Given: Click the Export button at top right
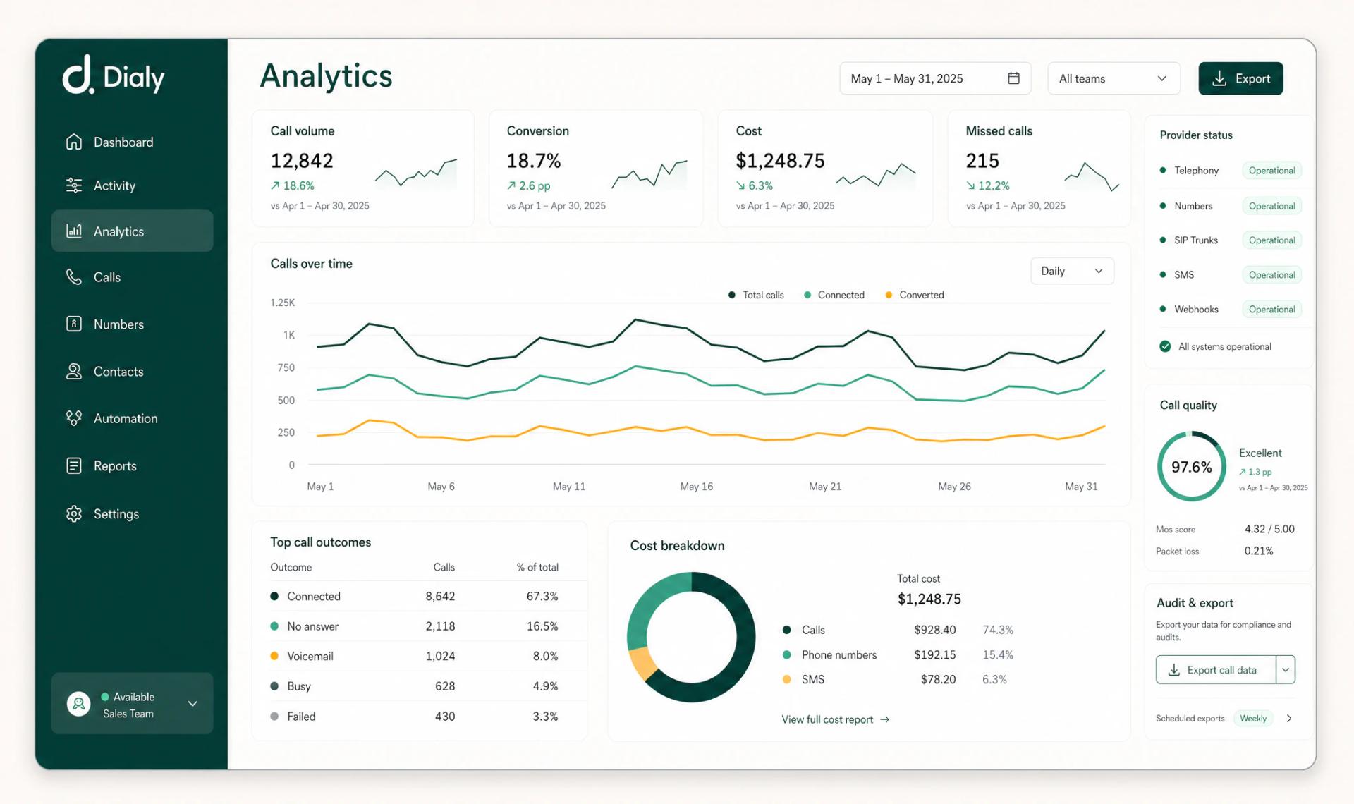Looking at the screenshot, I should point(1240,78).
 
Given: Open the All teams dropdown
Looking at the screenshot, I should point(1113,78).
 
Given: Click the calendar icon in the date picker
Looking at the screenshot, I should point(1013,78).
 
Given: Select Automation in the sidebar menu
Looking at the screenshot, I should point(125,418).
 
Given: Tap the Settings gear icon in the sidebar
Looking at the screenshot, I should point(74,513).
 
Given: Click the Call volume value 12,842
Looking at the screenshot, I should point(302,161).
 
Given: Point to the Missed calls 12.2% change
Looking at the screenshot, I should point(988,185).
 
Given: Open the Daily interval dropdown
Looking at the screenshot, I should point(1071,271).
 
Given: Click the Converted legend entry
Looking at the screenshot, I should point(915,295).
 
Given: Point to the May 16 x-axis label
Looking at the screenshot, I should point(696,487).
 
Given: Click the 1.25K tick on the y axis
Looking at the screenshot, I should point(282,303).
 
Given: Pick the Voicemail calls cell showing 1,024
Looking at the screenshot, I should point(440,656).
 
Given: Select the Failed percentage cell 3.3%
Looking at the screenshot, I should point(545,716).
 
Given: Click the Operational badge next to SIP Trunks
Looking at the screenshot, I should point(1271,240).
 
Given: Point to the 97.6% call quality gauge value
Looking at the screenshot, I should point(1191,467).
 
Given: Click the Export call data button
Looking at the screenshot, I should point(1215,669).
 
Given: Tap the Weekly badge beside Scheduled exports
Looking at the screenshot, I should point(1253,718).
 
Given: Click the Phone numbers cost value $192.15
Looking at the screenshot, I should point(934,654).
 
